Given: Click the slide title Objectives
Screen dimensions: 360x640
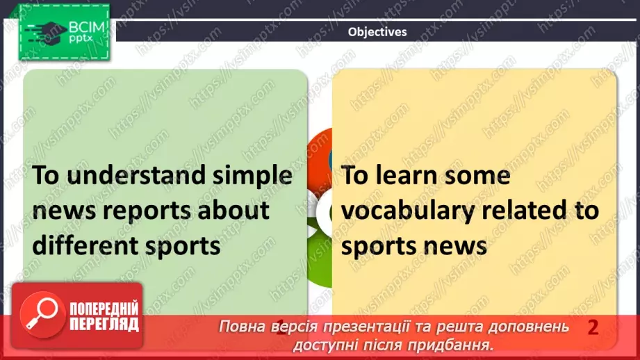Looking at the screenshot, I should pos(377,31).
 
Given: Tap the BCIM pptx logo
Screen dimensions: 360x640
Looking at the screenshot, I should pos(63,32).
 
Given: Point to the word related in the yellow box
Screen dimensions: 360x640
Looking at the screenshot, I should pos(529,210).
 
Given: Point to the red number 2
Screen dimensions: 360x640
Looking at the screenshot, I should pos(593,327).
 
